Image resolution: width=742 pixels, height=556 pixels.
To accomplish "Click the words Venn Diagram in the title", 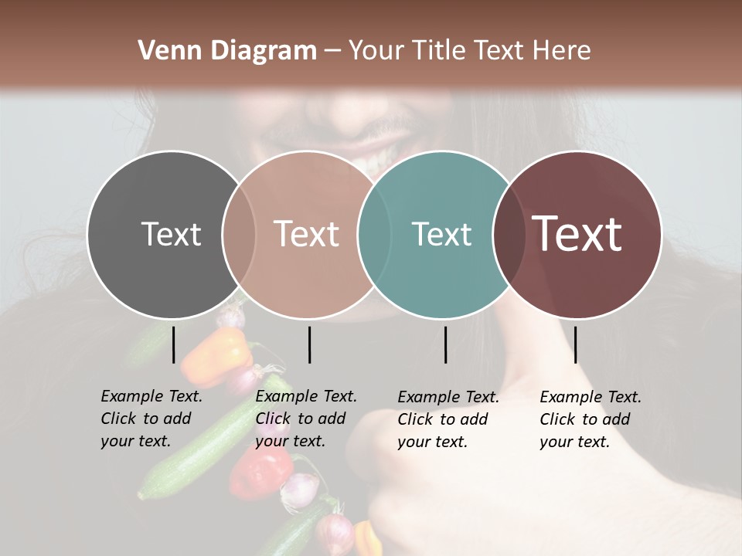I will (x=227, y=51).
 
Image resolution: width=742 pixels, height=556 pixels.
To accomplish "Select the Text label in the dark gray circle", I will (x=171, y=234).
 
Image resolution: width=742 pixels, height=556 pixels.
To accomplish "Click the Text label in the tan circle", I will (x=307, y=234).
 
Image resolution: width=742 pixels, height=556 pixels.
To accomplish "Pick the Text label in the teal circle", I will (x=441, y=234).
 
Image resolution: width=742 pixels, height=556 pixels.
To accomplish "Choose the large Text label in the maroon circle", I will (x=577, y=234).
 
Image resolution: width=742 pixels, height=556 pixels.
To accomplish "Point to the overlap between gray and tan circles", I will (x=239, y=234).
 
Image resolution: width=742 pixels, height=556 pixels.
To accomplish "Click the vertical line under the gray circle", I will (x=174, y=344).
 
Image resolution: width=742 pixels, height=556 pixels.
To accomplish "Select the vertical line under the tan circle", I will (x=309, y=344).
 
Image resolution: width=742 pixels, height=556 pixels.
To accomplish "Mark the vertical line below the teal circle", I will (x=445, y=344).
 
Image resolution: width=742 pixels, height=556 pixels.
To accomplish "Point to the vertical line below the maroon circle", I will (x=575, y=344).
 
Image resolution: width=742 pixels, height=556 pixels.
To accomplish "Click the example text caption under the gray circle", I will (x=151, y=419).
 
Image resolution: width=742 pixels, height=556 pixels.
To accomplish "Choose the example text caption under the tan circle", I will (x=306, y=419).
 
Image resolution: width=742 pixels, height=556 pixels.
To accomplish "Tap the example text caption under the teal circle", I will (x=448, y=419).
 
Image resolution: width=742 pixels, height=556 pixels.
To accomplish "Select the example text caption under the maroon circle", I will (x=591, y=419).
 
